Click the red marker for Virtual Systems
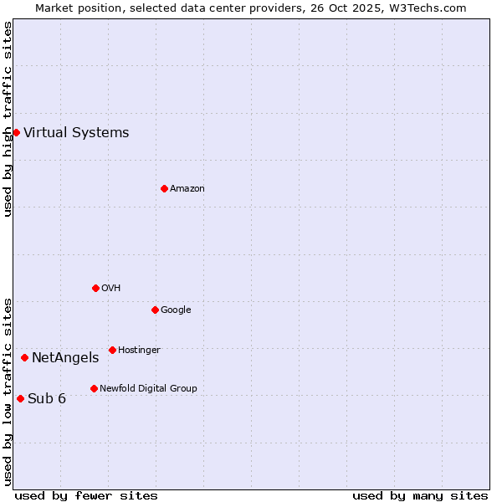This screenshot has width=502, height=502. pyautogui.click(x=16, y=132)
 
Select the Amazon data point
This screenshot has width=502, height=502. pyautogui.click(x=164, y=188)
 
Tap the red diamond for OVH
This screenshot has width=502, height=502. pyautogui.click(x=95, y=288)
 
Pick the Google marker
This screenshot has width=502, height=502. pyautogui.click(x=155, y=310)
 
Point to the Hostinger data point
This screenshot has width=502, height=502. pyautogui.click(x=112, y=350)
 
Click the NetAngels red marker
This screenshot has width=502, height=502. pyautogui.click(x=24, y=357)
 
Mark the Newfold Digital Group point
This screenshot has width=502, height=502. pyautogui.click(x=94, y=388)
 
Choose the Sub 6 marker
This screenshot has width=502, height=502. pyautogui.click(x=20, y=398)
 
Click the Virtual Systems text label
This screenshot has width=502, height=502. pyautogui.click(x=76, y=132)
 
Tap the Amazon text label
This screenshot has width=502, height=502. pyautogui.click(x=187, y=189)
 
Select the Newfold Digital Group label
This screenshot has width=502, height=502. pyautogui.click(x=148, y=388)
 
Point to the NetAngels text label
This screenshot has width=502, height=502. pyautogui.click(x=65, y=358)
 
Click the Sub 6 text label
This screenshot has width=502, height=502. pyautogui.click(x=47, y=398)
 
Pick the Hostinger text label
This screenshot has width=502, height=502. pyautogui.click(x=139, y=350)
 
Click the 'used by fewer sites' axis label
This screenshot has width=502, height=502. pyautogui.click(x=86, y=495)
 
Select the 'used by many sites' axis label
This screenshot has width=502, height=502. pyautogui.click(x=420, y=495)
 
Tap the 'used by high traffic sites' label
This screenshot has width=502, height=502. pyautogui.click(x=8, y=119)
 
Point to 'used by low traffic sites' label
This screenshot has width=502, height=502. pyautogui.click(x=8, y=391)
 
